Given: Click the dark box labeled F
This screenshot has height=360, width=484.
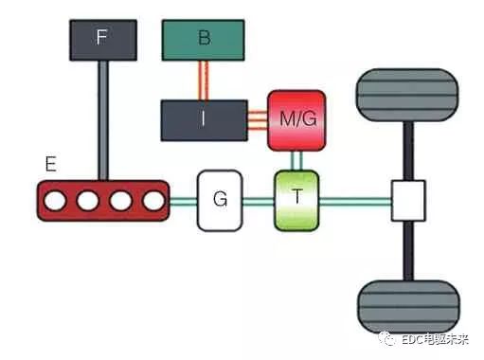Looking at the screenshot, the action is tap(103, 40).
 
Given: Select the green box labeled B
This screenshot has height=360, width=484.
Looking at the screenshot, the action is tap(203, 40).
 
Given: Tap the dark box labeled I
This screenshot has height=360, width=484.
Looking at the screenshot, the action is tap(205, 120).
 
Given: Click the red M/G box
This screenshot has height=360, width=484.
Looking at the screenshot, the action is tap(296, 120).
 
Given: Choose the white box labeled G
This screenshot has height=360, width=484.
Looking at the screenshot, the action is tap(220, 201).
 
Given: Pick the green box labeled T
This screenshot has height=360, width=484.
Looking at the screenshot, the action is tap(296, 201).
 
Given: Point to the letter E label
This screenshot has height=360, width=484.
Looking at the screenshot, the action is tap(51, 164).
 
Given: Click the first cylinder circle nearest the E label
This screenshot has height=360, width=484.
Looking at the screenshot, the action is tap(55, 201).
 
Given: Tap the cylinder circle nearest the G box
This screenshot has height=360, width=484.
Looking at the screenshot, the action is tap(153, 201).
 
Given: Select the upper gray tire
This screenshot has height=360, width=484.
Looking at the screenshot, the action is tap(407, 95).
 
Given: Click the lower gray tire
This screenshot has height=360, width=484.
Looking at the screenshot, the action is tap(408, 307).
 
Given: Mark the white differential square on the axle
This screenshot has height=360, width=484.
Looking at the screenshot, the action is tap(408, 201).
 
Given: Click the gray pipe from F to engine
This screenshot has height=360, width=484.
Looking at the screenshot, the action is tap(103, 120).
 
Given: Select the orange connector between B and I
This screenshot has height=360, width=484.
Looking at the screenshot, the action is tap(203, 81).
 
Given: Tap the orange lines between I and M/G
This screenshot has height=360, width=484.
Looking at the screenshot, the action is tap(258, 120).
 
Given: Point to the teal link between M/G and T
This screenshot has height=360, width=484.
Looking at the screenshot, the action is tap(296, 161).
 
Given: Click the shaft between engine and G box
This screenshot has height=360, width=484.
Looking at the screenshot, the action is tap(184, 201).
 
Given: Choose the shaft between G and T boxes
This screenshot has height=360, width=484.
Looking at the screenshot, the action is tap(259, 201).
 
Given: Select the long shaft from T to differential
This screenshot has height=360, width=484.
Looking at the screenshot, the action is tap(355, 201).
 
